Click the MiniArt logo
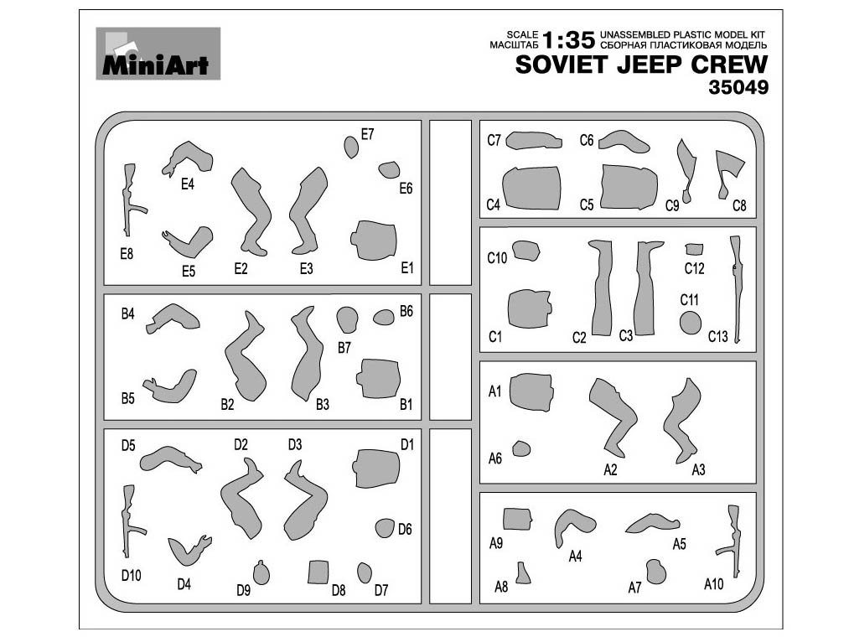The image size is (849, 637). point(158,54)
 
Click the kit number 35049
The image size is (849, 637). point(738,87)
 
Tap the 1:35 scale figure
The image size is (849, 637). point(568,40)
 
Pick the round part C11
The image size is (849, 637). point(691,323)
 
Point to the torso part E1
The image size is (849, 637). point(374,240)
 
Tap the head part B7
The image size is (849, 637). point(347,319)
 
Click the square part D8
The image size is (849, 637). point(318,572)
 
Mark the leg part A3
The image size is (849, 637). point(682,421)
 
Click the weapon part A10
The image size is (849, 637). point(731,541)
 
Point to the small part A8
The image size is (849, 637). point(522,573)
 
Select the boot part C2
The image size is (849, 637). point(601,288)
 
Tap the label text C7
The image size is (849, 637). point(494,140)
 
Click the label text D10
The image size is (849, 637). point(131,575)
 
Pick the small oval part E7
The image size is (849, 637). point(351,147)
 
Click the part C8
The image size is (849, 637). point(728,173)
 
